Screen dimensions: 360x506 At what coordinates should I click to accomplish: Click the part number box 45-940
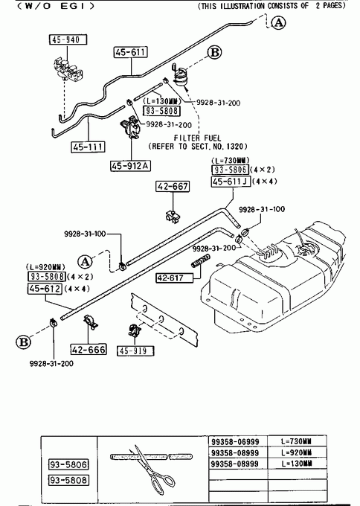coord(68,39)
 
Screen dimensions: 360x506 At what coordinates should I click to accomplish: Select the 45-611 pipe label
coord(131,52)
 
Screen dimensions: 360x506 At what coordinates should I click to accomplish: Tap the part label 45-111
coord(88,147)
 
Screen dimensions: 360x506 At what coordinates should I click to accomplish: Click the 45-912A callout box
coord(130,165)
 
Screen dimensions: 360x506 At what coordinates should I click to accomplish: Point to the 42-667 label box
coord(173,186)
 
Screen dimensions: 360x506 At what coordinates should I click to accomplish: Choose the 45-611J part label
coord(231,182)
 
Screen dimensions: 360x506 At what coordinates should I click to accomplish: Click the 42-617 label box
coord(175,278)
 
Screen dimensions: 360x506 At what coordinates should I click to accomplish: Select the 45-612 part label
coord(45,289)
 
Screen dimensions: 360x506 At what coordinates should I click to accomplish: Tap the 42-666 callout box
coord(89,350)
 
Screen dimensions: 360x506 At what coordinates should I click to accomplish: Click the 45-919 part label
coord(135,351)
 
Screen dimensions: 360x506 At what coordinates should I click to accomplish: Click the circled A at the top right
coord(278,22)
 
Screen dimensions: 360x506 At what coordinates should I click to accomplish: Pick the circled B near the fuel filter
coord(214,52)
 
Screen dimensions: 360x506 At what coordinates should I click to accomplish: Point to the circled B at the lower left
coord(23,342)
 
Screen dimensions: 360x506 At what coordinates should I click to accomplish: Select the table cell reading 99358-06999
coord(235,441)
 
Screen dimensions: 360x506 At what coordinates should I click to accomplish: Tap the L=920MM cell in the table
coord(297,452)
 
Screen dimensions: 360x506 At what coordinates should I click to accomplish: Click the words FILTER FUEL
coord(197,138)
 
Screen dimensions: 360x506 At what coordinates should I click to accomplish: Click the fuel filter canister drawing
coord(180,75)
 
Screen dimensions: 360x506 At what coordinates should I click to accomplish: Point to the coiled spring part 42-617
coord(201,261)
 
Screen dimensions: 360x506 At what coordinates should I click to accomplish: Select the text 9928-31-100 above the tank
coord(262,209)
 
